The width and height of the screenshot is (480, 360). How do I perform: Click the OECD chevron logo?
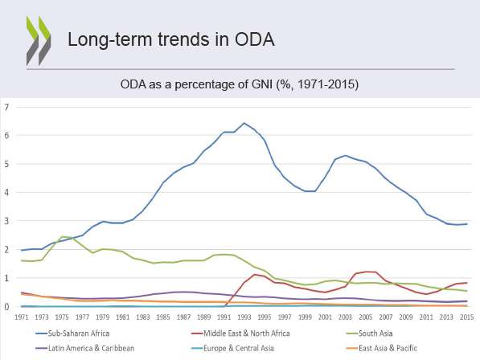point(39,40)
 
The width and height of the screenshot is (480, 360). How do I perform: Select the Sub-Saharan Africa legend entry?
point(72,333)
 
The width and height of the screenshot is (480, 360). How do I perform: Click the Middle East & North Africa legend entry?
point(240,333)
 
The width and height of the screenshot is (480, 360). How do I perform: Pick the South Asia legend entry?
point(369,333)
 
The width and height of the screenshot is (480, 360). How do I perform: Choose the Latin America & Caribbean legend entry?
point(84,348)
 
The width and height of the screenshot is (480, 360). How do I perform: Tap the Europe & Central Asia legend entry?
point(232,348)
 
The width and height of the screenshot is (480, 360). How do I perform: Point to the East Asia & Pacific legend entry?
point(382,348)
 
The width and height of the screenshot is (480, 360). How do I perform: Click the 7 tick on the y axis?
point(6,107)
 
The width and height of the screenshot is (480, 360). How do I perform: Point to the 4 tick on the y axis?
point(6,192)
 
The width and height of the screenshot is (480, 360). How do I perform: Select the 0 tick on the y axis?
point(6,306)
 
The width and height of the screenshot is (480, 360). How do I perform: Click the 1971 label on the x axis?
point(22,317)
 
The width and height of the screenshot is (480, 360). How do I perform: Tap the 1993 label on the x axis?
point(244,317)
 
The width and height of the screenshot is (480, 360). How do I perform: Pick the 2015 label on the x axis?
point(467,317)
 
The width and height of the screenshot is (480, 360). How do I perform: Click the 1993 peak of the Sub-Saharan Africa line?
point(244,123)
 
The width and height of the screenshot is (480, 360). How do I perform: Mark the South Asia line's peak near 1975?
point(62,236)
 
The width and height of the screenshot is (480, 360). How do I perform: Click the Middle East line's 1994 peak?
point(254,274)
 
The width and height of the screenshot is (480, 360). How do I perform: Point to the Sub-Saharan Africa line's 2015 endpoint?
point(467,224)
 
